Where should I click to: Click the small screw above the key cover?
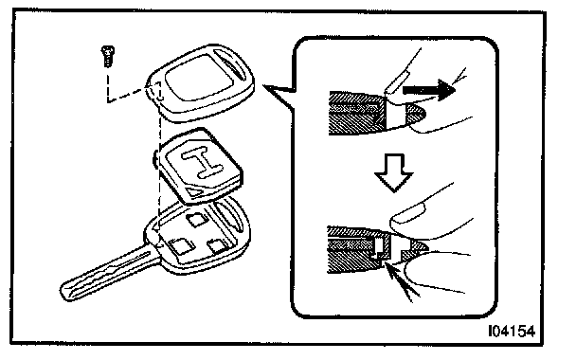coord(108,56)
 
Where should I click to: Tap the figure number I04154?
coord(512,332)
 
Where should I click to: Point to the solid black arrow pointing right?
coord(429,90)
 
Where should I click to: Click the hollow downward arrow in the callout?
coord(394,172)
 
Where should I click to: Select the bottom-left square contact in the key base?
coord(179,246)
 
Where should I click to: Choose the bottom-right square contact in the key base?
coord(217,245)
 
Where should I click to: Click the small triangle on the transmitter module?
coord(193,190)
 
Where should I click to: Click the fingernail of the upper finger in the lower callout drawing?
coord(406,214)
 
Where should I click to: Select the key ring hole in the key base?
coord(228,217)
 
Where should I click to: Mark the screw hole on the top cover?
coord(157,91)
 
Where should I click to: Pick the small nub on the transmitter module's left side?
coord(154,159)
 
